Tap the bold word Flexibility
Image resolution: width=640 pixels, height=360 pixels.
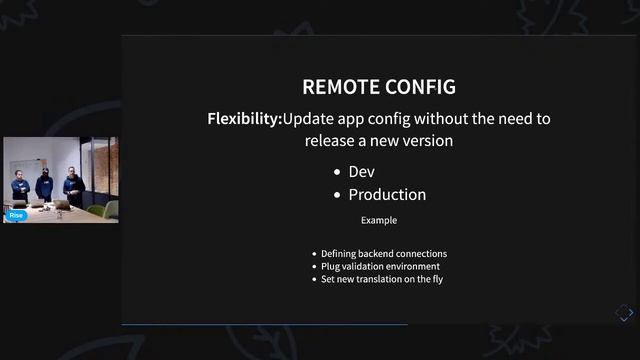coord(243,119)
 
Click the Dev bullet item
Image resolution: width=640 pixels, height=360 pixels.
coord(361,172)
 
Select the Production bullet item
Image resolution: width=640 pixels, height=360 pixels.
coord(387,195)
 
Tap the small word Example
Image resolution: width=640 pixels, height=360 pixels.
coord(379,220)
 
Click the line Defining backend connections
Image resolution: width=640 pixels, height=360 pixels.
coord(384,254)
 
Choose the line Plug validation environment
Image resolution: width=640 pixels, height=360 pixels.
coord(380,266)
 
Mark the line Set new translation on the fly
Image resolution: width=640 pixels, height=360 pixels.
coord(382,279)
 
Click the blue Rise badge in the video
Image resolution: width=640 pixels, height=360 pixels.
coord(16,215)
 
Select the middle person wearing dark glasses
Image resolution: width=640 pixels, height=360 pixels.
coord(44,185)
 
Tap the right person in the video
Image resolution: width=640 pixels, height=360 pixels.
coord(72,187)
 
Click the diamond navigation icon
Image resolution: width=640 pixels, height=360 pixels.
coord(623,313)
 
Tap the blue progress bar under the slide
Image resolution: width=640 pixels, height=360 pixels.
coord(264,324)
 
